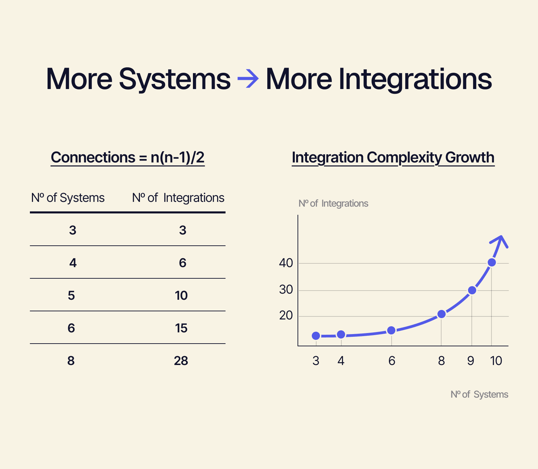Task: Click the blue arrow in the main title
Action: [x=248, y=79]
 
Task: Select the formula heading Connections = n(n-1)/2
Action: [x=128, y=158]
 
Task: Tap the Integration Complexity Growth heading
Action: [x=393, y=158]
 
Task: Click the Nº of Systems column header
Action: [x=68, y=198]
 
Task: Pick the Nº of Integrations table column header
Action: [x=178, y=198]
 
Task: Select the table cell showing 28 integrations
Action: [x=181, y=361]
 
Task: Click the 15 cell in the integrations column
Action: [x=181, y=328]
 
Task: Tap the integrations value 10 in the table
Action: [x=181, y=296]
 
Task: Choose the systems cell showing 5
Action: [x=71, y=296]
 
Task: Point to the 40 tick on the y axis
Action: [x=286, y=263]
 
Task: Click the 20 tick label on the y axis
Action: [x=286, y=316]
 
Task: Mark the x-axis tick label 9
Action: [x=470, y=361]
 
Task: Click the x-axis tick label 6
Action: [x=392, y=361]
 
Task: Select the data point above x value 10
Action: [x=491, y=262]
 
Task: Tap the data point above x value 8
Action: [x=441, y=314]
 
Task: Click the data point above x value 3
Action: [x=316, y=336]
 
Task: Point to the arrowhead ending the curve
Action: [x=500, y=240]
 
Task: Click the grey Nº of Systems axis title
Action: [x=479, y=395]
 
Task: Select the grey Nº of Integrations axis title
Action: [x=333, y=204]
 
